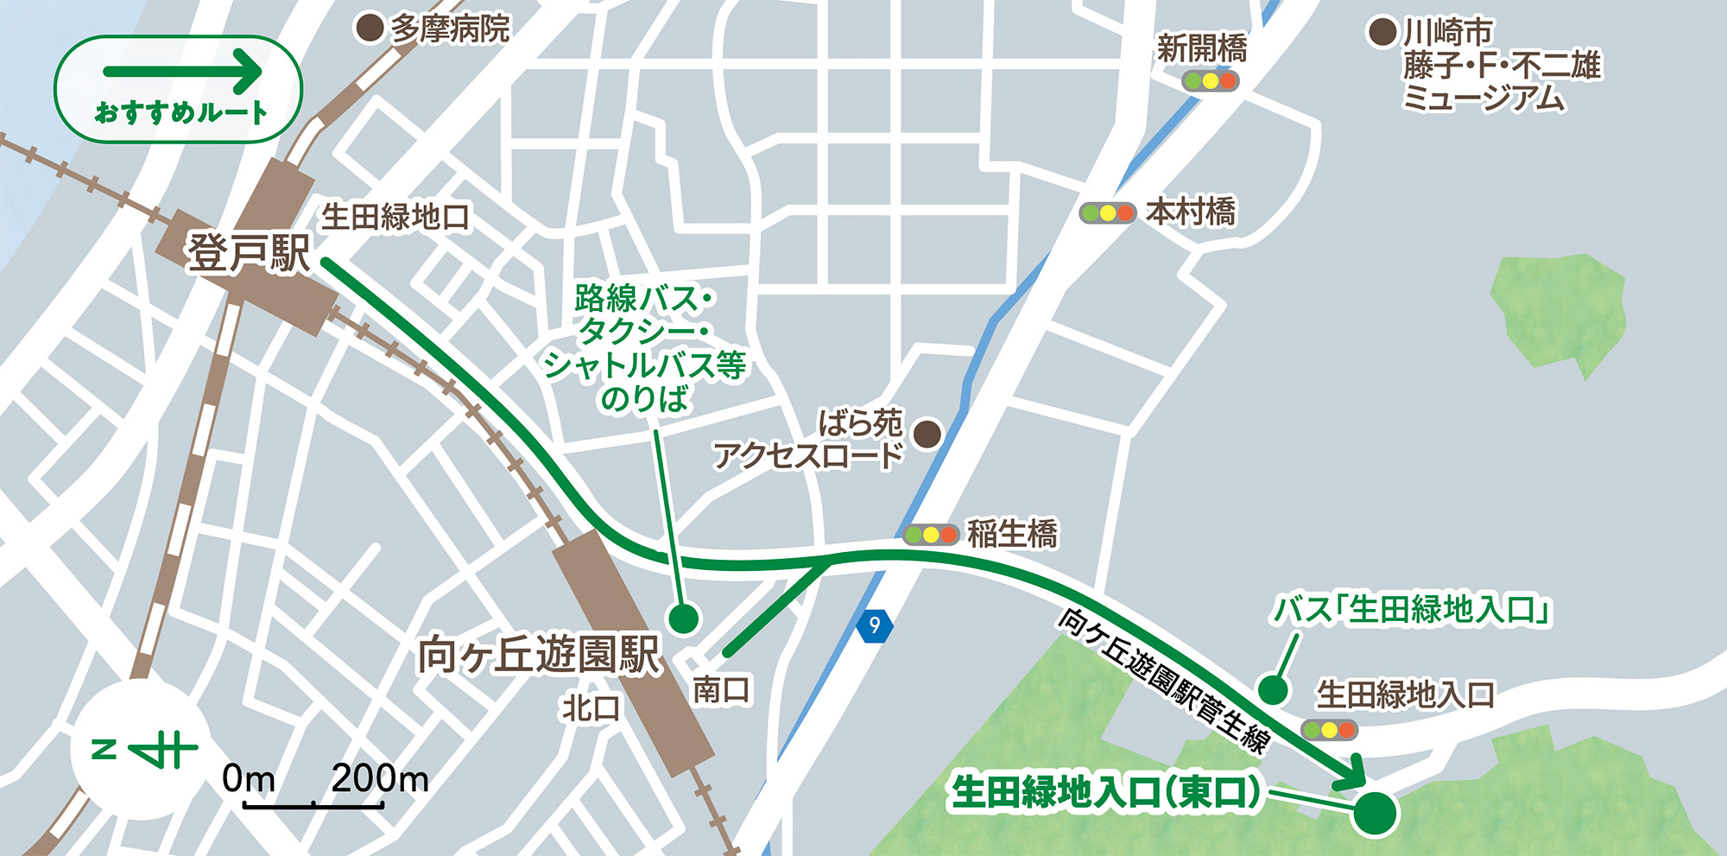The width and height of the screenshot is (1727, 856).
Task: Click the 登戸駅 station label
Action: pos(249,253)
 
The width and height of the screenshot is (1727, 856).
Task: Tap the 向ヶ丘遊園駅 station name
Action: pos(539,655)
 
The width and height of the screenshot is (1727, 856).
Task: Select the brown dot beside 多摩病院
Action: pos(370,29)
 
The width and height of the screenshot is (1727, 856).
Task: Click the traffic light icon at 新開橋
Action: pos(1211,81)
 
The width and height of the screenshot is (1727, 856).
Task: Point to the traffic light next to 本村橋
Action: pos(1107,212)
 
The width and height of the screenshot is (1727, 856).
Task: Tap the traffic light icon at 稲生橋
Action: pos(931,535)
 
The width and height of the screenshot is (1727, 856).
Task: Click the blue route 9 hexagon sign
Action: pos(875,625)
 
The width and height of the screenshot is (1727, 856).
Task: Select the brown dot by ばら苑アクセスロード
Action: pos(927,434)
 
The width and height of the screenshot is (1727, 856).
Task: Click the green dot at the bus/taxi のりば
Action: pos(683,618)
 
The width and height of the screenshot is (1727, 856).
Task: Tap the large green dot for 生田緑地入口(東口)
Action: pos(1375,813)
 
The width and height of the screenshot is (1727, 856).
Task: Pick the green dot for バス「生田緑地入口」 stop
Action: pos(1272,690)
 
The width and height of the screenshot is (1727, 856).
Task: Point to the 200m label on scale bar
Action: pos(380,778)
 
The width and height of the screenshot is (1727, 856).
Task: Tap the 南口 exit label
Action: pos(721,689)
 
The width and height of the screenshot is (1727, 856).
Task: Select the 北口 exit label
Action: pos(591,708)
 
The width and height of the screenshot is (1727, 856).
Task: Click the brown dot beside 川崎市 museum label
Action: pos(1382,33)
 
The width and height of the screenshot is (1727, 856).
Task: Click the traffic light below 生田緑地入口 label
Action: pos(1329,730)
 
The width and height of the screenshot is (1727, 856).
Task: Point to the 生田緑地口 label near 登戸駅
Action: pos(395,217)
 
